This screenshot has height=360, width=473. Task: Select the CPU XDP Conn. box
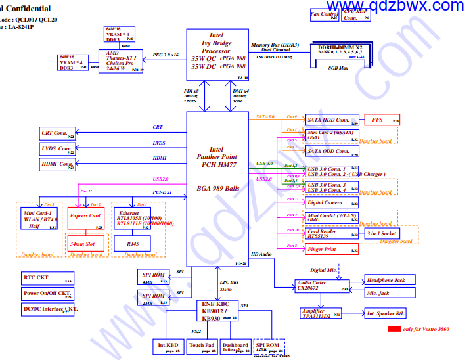pos(357,14)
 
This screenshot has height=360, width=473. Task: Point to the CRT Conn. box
pos(58,133)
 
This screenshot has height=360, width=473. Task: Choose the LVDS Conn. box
pos(58,149)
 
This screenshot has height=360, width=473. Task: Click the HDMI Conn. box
pos(58,164)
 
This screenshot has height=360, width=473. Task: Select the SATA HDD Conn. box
pos(332,120)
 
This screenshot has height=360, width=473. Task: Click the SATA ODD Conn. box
pos(332,151)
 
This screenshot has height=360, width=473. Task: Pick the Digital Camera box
pos(332,203)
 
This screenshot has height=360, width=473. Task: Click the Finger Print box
pos(332,249)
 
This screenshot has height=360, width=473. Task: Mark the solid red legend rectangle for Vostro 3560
pos(394,328)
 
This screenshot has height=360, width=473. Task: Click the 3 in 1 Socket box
pos(381,234)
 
